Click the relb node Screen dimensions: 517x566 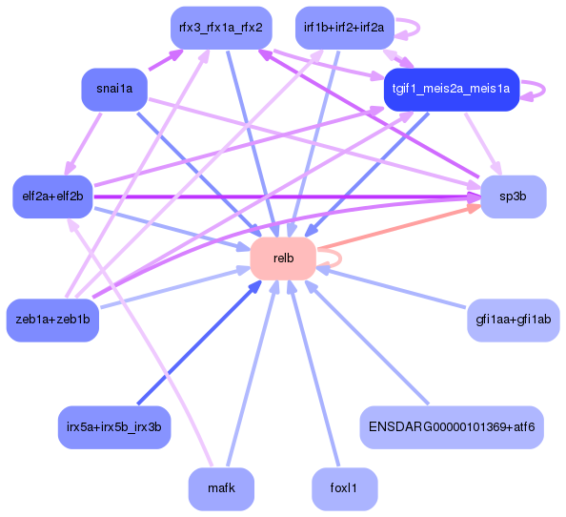[x=282, y=258]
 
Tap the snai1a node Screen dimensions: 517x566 [x=113, y=90]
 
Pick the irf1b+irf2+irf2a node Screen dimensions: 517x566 [x=343, y=27]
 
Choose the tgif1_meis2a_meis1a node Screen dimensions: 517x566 [x=451, y=90]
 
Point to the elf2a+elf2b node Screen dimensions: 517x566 [x=52, y=196]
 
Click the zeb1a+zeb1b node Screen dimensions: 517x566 [x=52, y=320]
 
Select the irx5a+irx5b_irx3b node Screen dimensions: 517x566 [x=113, y=426]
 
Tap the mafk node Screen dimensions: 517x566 [x=220, y=488]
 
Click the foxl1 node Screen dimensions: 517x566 [x=343, y=488]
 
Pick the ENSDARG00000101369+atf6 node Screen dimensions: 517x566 [x=451, y=426]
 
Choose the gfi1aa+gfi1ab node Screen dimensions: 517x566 [x=513, y=320]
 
